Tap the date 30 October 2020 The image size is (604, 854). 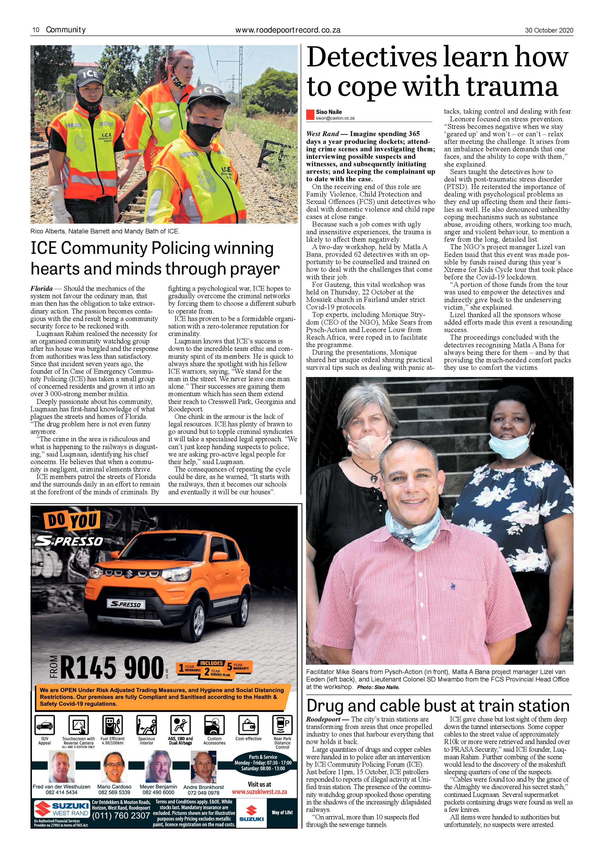click(549, 30)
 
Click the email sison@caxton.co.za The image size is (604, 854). click(335, 118)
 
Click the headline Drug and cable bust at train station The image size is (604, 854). click(438, 706)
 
